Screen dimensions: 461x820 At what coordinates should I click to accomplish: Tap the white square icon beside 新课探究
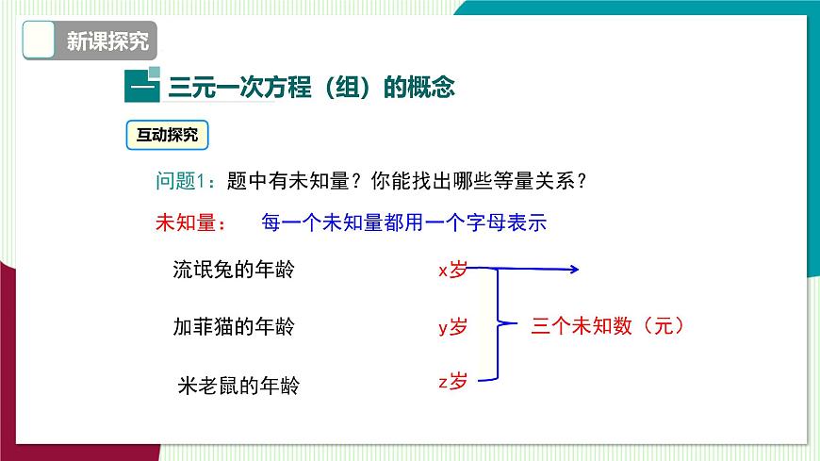point(37,41)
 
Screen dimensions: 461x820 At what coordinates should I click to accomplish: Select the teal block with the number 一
point(142,88)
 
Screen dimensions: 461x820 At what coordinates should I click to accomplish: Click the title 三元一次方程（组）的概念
point(311,88)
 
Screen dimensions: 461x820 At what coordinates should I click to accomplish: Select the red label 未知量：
point(191,224)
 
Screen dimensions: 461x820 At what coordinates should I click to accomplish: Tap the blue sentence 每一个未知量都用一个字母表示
point(405,224)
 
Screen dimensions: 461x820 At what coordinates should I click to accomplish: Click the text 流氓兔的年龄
point(234,270)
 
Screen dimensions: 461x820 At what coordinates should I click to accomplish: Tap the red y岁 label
point(452,327)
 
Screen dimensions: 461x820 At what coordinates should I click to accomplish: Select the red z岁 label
point(452,382)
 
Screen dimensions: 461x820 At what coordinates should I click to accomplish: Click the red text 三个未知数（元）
point(607,326)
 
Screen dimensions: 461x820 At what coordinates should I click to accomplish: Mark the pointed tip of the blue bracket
point(516,325)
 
